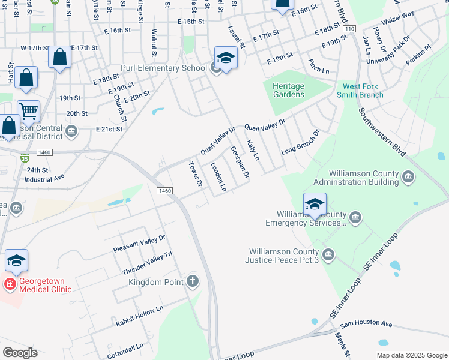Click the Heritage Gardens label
coord(289,90)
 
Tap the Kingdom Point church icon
coord(192,281)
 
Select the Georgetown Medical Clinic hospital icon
coord(9,283)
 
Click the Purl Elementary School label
coord(164,68)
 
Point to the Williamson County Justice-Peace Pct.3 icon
coord(328,254)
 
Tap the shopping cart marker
coord(28,110)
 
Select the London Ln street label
coord(218,177)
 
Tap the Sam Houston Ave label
coord(366,325)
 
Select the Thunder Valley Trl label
coord(147,263)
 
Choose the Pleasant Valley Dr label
coord(139,242)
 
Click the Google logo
coord(20,352)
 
